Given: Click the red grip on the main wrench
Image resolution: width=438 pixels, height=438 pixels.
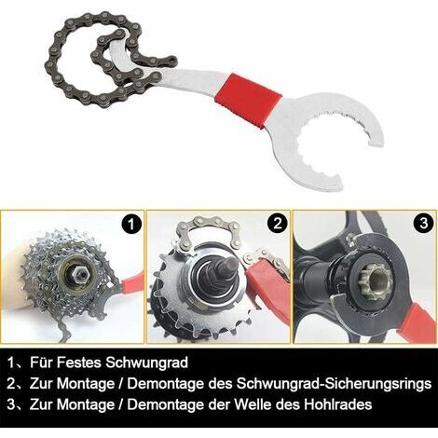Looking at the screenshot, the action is [x=248, y=100].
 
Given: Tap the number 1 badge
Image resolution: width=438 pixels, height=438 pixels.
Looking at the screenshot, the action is [x=131, y=224].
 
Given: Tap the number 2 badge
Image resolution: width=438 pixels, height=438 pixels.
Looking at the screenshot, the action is [x=278, y=223].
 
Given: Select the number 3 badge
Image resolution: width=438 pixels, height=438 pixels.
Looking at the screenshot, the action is [x=424, y=223].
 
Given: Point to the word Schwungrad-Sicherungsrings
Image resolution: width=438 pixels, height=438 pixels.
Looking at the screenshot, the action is [x=334, y=384].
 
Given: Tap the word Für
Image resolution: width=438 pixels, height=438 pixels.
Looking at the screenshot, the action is [x=41, y=363].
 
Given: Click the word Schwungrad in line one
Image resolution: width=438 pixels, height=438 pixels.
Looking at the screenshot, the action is [x=146, y=363].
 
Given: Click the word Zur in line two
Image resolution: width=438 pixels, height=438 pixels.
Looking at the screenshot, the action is [x=41, y=384].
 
